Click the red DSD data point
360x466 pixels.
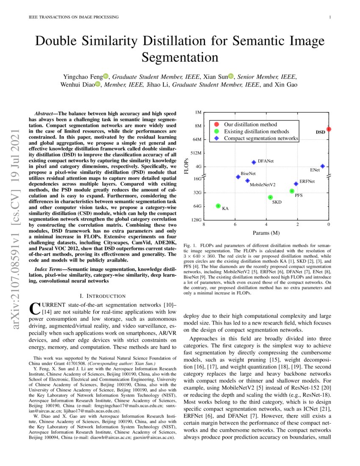point(329,129)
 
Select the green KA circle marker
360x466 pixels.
point(218,206)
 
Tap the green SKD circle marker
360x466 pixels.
point(270,197)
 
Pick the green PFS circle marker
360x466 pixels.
point(292,191)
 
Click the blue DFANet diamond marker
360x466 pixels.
point(254,162)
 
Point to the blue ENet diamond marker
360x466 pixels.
point(322,166)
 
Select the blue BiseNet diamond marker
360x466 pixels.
point(238,177)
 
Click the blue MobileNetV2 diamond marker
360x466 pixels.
point(247,181)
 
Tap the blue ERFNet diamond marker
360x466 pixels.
point(296,184)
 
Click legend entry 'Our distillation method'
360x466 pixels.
point(250,125)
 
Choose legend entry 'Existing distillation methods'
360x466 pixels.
point(257,131)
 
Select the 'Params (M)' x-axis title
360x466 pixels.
point(266,233)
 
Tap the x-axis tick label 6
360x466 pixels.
point(235,224)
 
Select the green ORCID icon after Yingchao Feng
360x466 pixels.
point(106,76)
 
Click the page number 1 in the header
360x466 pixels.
point(330,17)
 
